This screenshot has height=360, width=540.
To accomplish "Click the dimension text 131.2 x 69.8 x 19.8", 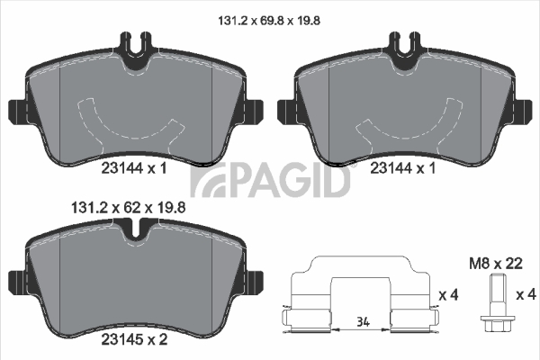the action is [x=269, y=21].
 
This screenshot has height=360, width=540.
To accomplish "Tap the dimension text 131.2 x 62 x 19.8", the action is [x=128, y=208].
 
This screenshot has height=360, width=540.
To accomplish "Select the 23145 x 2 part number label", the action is [x=134, y=339].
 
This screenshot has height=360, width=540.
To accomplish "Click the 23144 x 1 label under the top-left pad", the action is [x=134, y=168].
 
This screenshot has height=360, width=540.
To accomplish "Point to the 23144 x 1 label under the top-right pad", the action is [x=403, y=168].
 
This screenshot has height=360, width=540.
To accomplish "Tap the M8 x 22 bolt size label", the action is [x=496, y=264].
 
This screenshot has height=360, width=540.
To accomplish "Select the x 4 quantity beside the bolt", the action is [x=526, y=295].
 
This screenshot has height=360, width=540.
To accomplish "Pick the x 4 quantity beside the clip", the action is [x=449, y=295].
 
